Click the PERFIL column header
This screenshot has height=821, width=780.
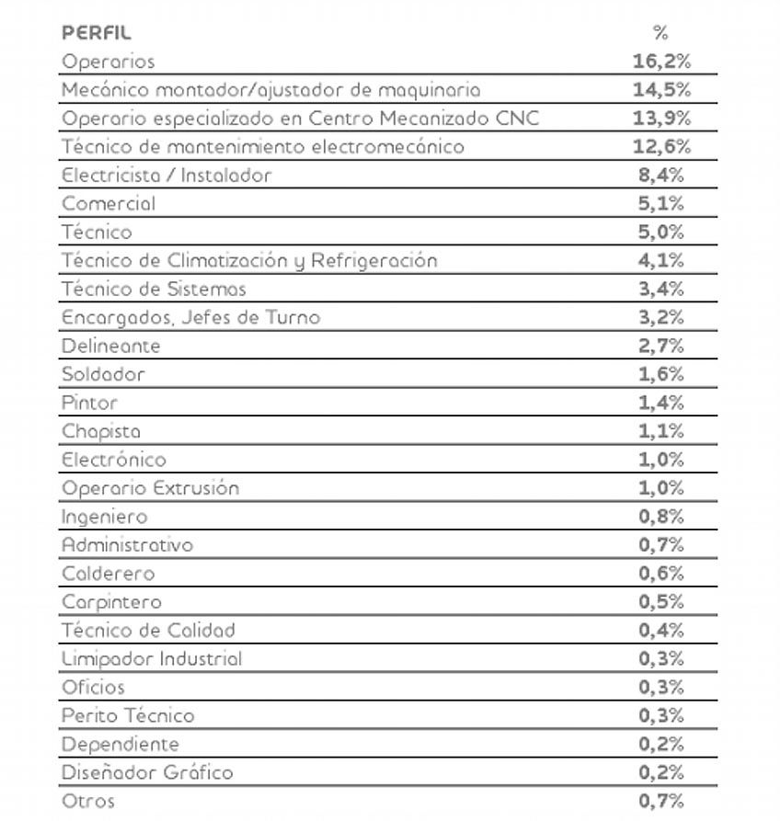[97, 33]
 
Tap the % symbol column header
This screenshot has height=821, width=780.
[660, 33]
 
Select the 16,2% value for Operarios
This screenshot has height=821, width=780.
[661, 62]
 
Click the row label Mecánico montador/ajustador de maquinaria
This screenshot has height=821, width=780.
[270, 90]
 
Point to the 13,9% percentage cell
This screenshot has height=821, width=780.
[661, 119]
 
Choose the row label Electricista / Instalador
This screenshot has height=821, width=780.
[166, 175]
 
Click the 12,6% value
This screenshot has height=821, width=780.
[661, 147]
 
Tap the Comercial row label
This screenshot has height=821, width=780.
[109, 203]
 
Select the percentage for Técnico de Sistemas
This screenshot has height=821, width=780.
[661, 289]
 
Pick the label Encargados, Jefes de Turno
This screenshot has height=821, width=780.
[190, 317]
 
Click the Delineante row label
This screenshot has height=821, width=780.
[111, 346]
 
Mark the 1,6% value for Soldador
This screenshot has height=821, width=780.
[661, 374]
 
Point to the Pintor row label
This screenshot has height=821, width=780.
[90, 403]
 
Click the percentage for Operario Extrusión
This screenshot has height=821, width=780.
[661, 488]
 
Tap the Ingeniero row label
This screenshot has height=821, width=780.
[104, 517]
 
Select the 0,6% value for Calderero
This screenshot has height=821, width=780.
[661, 574]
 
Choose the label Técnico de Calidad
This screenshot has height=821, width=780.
[148, 631]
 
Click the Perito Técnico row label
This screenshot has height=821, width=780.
[128, 715]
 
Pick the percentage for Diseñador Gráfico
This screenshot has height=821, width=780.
[661, 772]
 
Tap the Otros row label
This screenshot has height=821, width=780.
[88, 801]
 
